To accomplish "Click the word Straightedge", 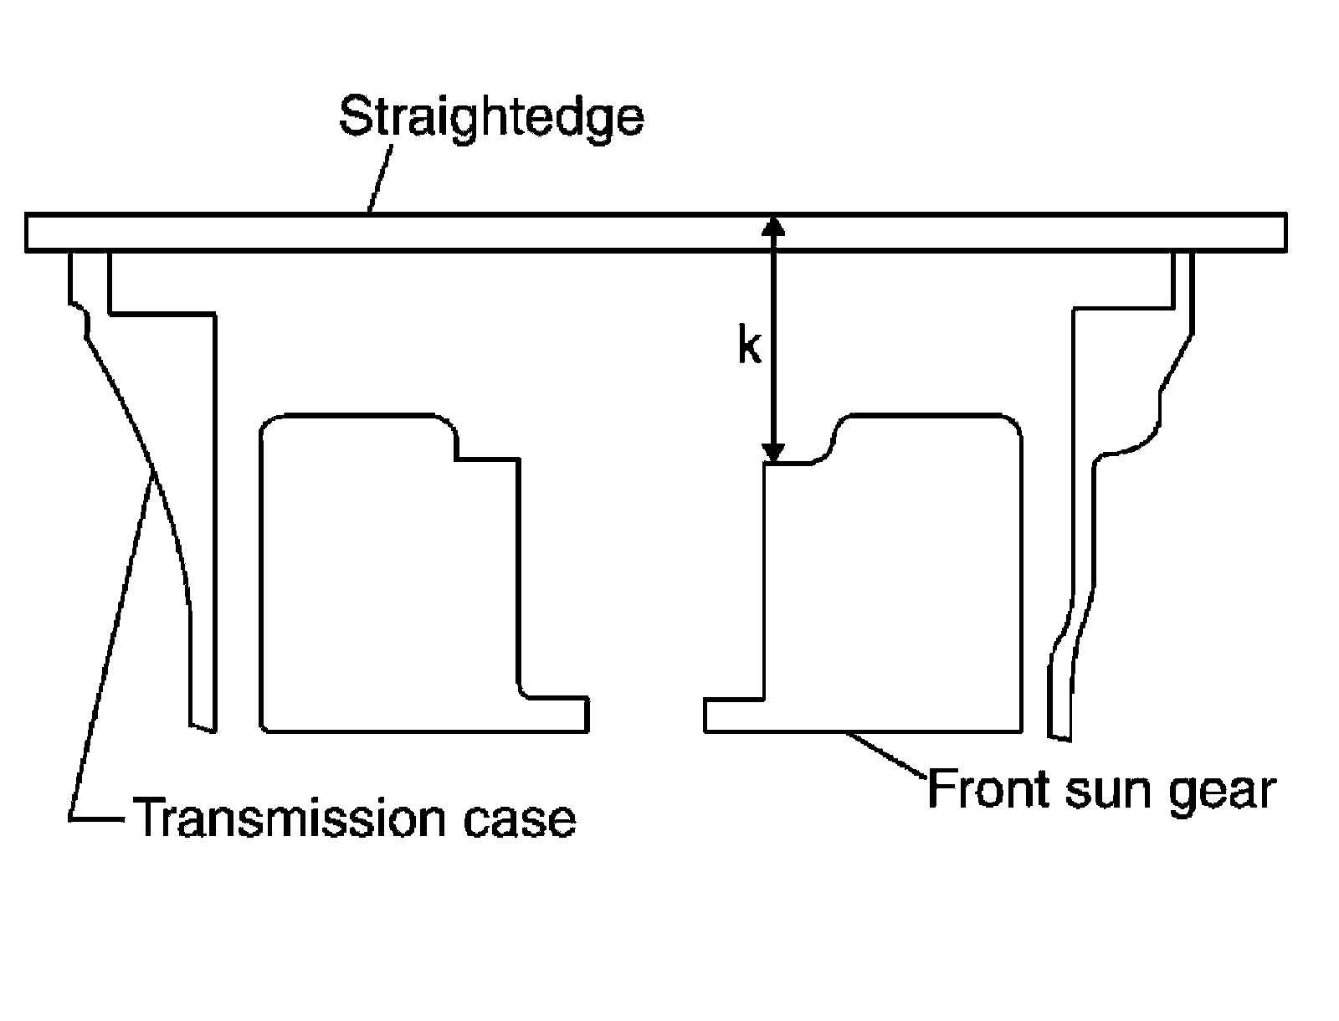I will tap(491, 117).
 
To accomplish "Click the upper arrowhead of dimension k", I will tap(774, 226).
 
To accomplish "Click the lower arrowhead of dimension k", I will tap(774, 453).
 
